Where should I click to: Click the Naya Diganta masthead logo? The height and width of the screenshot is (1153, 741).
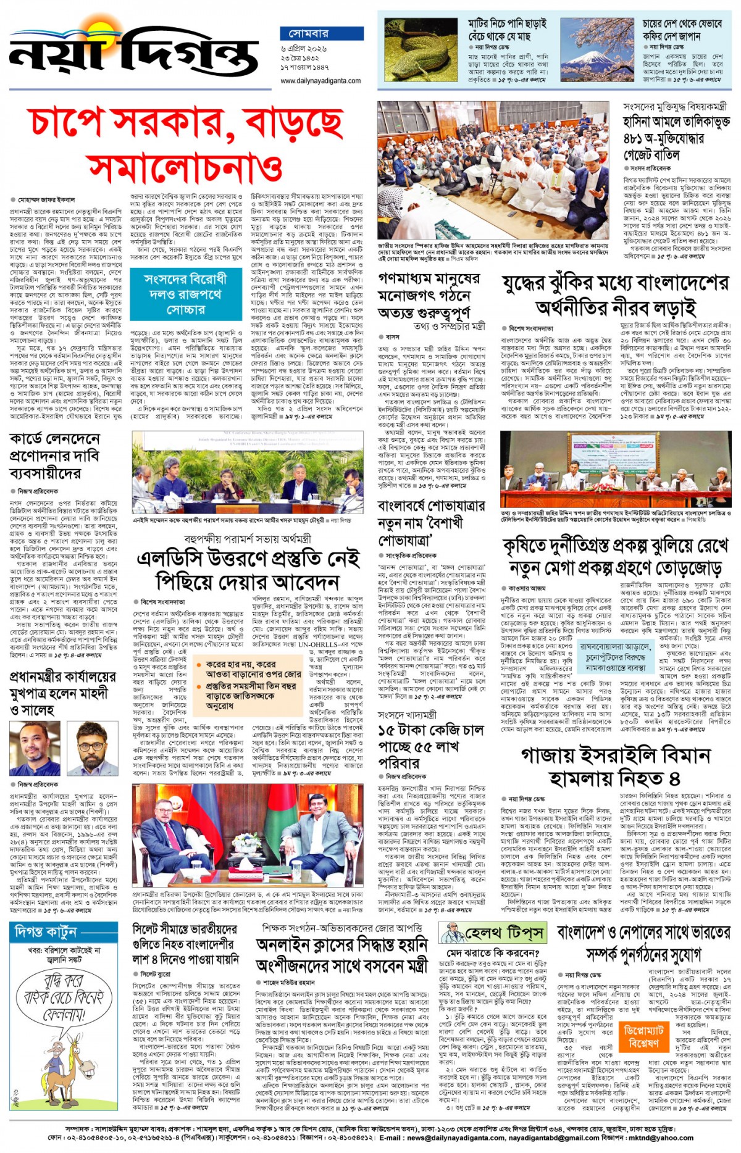coord(133,52)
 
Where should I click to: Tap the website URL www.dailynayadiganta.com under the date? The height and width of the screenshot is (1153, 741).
coord(320,81)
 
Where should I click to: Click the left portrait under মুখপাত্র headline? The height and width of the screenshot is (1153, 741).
coord(35,748)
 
